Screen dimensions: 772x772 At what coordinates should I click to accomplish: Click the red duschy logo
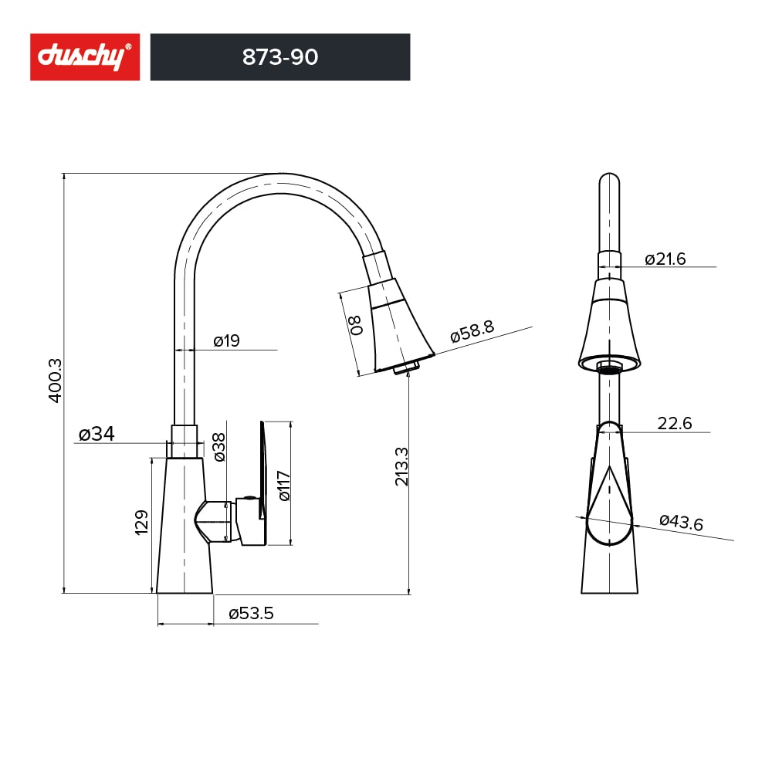[x=85, y=57]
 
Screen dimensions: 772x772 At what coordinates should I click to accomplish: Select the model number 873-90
[x=280, y=57]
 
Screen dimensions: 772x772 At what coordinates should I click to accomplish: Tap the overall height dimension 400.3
[x=55, y=380]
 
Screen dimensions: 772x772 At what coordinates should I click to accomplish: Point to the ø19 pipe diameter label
[x=226, y=340]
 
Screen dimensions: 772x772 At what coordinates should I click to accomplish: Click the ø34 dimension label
[x=96, y=435]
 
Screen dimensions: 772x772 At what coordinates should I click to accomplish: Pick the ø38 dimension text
[x=220, y=447]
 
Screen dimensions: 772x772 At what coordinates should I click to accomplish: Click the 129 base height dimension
[x=142, y=523]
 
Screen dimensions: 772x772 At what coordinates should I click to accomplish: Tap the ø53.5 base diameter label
[x=251, y=614]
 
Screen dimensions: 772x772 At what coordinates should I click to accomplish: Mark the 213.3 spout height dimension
[x=401, y=466]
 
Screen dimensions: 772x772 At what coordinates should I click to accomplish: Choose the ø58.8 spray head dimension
[x=472, y=331]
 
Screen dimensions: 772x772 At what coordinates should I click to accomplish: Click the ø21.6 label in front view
[x=665, y=259]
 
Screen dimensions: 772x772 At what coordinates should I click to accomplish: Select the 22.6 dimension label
[x=674, y=423]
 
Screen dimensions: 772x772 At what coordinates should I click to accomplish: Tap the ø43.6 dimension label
[x=681, y=523]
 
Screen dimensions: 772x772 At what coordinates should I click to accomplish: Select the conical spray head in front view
[x=610, y=328]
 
